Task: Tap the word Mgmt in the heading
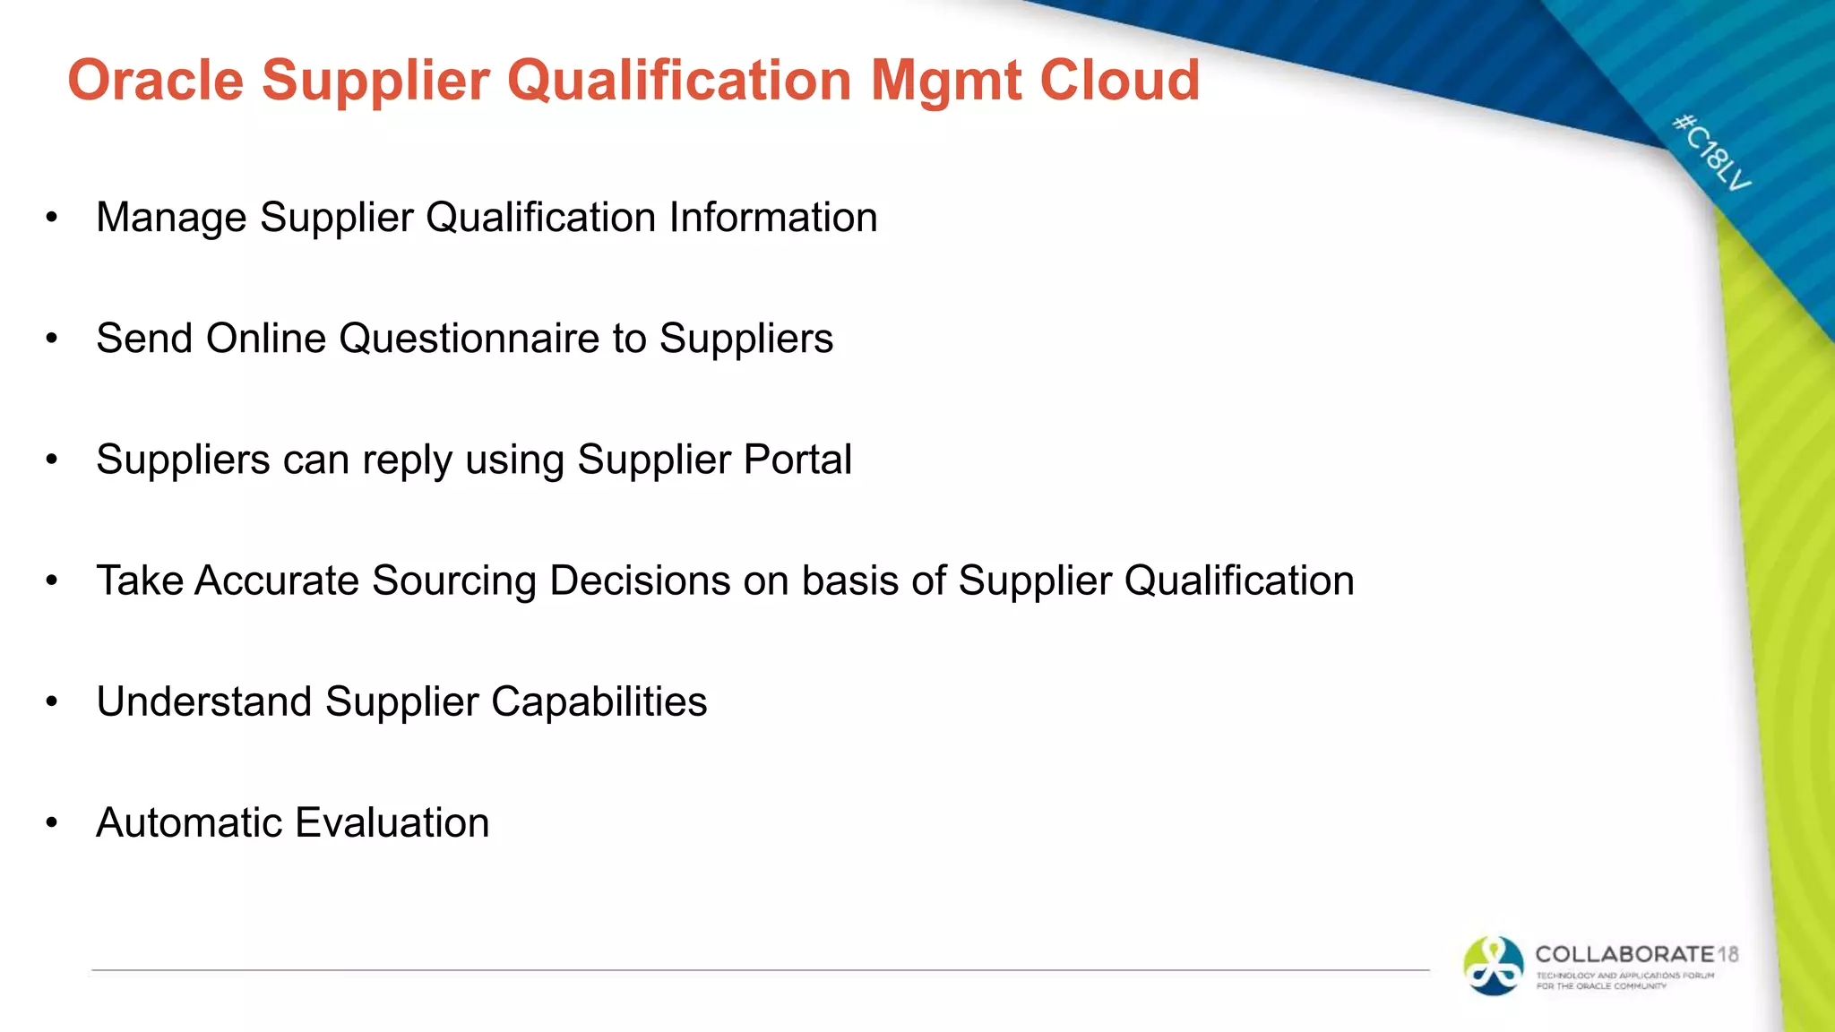pos(945,81)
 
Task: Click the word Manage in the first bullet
pos(171,218)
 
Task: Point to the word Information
pos(773,218)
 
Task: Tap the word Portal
pos(797,460)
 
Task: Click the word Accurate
pos(277,580)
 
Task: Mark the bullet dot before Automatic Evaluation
pos(52,822)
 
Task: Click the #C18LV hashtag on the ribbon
pos(1711,152)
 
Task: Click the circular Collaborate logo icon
pos(1493,966)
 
